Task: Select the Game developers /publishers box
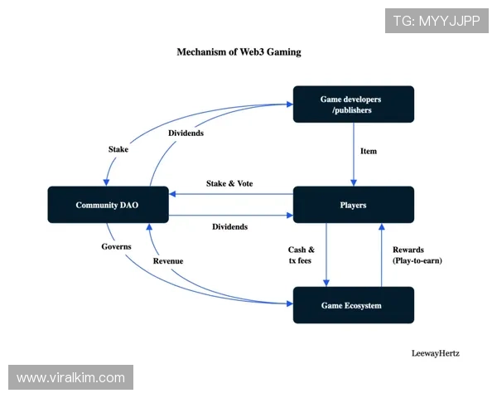354,104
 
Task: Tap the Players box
354,205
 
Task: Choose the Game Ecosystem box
354,305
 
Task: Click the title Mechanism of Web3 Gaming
239,51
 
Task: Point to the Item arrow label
369,151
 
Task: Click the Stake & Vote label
229,183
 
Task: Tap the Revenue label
168,261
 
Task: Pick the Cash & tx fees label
301,255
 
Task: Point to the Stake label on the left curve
118,149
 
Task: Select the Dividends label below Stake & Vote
229,226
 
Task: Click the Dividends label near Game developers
186,133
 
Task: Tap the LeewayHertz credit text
435,352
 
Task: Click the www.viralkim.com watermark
71,378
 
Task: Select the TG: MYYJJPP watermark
437,21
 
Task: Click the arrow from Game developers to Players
354,154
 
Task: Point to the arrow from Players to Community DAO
232,194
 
